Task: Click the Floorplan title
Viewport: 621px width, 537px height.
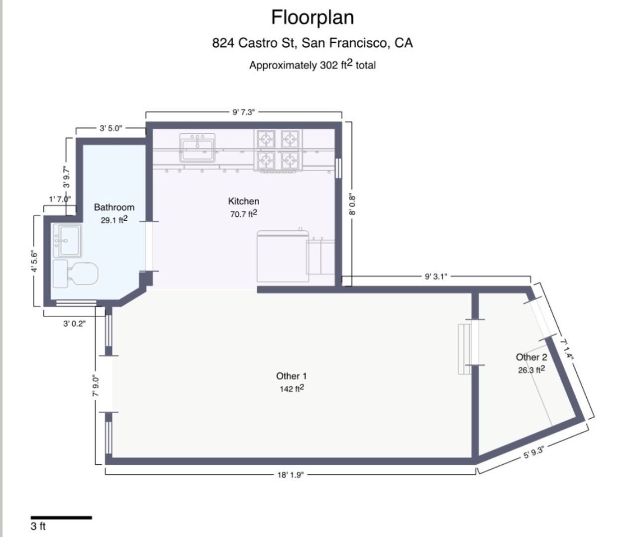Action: coord(312,18)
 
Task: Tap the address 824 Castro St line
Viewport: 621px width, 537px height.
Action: coord(312,43)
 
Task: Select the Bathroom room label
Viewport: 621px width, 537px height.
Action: coord(114,207)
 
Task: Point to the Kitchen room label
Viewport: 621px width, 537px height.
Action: coord(244,201)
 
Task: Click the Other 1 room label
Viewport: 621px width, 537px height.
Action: coord(292,376)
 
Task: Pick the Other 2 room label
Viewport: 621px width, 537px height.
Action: coord(531,357)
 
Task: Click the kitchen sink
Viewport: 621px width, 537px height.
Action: coord(198,148)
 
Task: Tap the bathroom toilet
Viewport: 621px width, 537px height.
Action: coord(76,274)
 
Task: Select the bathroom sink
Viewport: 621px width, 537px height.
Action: coord(68,241)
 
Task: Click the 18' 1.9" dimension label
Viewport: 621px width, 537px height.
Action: coord(291,474)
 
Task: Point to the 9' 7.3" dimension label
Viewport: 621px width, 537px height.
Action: coord(244,112)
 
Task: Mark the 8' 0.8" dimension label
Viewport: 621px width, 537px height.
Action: coord(352,205)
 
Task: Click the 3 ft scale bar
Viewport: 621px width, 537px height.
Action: coord(61,518)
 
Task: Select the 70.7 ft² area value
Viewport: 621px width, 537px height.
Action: coord(244,214)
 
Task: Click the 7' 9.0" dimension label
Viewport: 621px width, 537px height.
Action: coord(96,386)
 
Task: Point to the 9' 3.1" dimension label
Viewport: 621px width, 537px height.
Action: coord(436,276)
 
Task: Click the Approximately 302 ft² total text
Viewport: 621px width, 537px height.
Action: coord(312,65)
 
